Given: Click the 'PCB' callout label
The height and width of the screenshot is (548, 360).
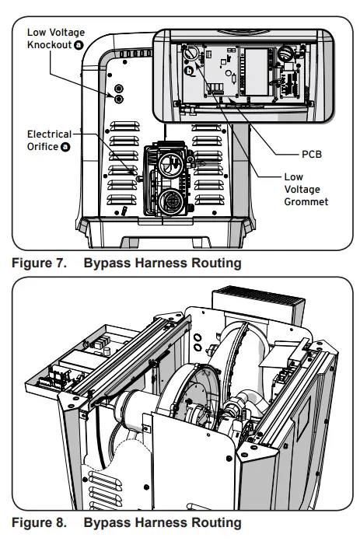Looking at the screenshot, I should coord(311,154).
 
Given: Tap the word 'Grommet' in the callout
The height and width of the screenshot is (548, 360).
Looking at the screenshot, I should coord(306,201).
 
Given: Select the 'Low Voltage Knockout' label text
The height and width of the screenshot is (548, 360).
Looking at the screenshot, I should coord(55,39).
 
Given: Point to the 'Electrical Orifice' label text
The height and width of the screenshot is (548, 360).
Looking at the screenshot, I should coord(48,140).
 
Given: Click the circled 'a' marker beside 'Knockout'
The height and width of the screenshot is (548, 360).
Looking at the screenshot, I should coord(78,46).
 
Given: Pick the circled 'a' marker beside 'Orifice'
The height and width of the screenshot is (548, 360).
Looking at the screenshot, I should coord(65,146).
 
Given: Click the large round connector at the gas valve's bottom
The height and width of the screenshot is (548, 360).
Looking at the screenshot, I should coord(172,203).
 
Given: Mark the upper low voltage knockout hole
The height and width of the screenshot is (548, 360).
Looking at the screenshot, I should coord(119,89).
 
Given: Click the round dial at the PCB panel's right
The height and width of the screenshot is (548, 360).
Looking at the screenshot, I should coord(285,54).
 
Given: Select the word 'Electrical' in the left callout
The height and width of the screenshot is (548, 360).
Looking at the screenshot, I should coord(48,134).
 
